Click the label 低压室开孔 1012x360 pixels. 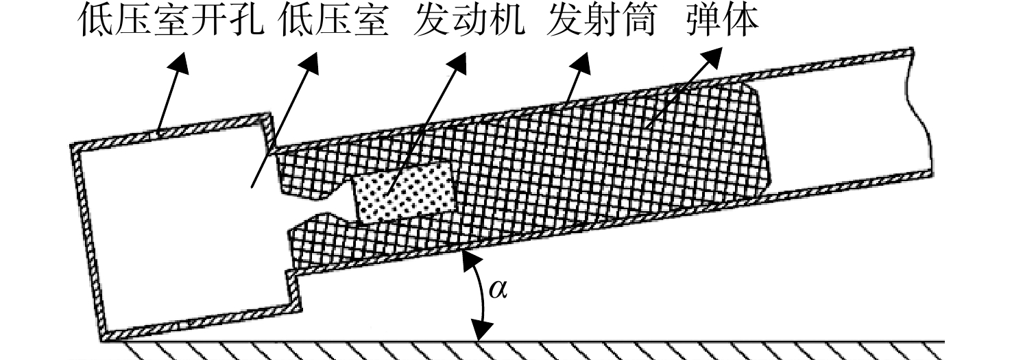[x=171, y=21]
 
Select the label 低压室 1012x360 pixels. [x=334, y=21]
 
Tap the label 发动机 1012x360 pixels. [x=470, y=21]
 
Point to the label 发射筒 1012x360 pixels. [x=601, y=21]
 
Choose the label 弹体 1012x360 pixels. [x=722, y=21]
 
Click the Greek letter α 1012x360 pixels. [x=498, y=289]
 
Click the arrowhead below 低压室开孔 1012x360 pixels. [x=178, y=62]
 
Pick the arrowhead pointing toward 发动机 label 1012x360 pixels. [x=457, y=62]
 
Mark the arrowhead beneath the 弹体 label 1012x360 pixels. [x=710, y=58]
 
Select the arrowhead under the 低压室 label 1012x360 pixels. [x=310, y=62]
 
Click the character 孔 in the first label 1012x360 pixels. [x=246, y=21]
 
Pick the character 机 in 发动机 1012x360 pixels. [x=507, y=21]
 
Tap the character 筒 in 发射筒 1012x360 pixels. [x=638, y=21]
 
